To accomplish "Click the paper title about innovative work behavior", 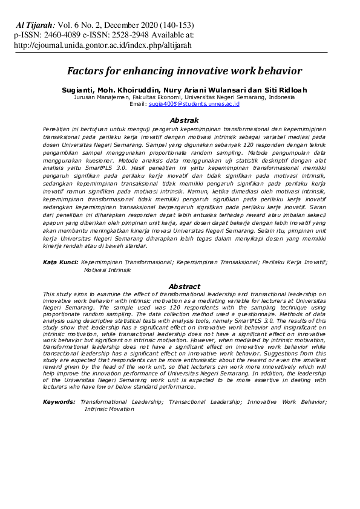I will pyautogui.click(x=184, y=71).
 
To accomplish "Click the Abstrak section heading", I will pyautogui.click(x=184, y=120).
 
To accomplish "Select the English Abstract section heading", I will pyautogui.click(x=184, y=286).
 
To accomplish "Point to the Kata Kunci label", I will pyautogui.click(x=60, y=262).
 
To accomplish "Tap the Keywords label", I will pyautogui.click(x=59, y=401).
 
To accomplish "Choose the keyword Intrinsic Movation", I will pyautogui.click(x=110, y=409).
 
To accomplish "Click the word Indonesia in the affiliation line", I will pyautogui.click(x=281, y=97).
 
